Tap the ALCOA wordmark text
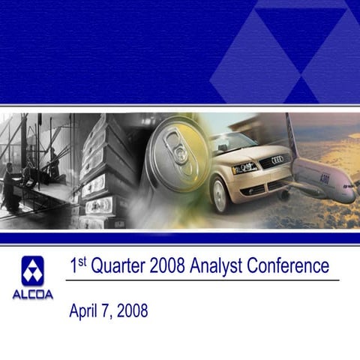point(32,294)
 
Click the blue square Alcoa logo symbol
point(32,270)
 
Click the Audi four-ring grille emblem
point(277,160)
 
